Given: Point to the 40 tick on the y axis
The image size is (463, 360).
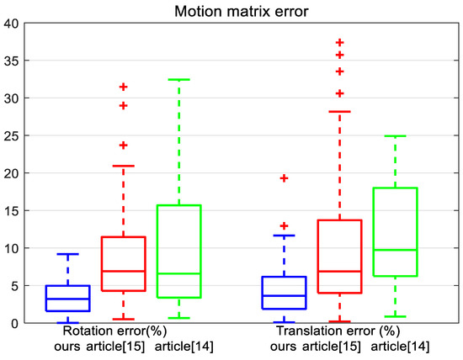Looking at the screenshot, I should tap(11, 23).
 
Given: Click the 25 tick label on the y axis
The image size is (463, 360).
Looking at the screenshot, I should tap(11, 135).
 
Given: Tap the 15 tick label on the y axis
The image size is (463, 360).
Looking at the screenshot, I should tap(11, 210).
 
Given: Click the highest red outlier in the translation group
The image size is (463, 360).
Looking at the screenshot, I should tap(340, 42).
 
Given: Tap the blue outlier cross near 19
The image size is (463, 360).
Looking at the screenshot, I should tap(284, 178).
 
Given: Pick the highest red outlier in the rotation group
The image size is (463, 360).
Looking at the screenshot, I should tap(124, 87).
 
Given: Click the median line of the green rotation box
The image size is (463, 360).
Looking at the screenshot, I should tap(178, 273).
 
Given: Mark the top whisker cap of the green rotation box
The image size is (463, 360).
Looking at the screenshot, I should tap(178, 80).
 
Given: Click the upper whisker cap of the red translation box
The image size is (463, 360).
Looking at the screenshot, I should tap(340, 111).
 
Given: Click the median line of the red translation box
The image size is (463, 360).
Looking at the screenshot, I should tap(340, 272).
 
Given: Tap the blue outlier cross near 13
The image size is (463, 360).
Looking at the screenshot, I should tap(284, 225).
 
